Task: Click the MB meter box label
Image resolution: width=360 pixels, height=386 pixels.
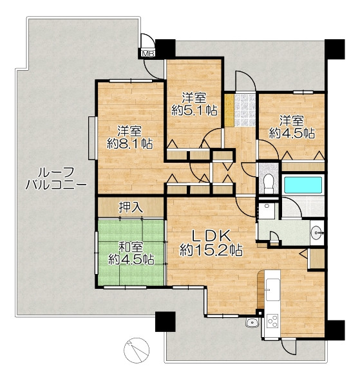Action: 147,53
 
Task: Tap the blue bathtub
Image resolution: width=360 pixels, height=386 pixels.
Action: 303,185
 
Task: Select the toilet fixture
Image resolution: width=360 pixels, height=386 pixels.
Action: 268,183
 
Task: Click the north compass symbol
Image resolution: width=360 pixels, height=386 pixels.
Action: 137,351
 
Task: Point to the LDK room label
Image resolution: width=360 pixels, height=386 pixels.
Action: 211,235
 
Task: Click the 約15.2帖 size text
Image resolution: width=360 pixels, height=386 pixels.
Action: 211,250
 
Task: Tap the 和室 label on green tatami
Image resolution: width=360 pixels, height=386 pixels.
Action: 131,247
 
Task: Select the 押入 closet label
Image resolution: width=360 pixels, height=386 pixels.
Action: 131,207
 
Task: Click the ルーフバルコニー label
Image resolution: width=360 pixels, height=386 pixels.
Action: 56,179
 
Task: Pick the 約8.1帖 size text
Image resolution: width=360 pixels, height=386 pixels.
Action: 129,143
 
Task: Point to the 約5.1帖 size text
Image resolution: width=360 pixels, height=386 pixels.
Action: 194,111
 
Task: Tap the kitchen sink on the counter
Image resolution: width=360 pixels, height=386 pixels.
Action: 273,289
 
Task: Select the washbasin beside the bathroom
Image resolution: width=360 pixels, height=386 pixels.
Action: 317,232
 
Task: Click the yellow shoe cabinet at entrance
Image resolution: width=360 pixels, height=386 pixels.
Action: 229,110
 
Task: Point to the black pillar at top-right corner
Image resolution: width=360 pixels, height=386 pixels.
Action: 334,49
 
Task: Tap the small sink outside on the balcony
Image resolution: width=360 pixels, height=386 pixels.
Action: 252,323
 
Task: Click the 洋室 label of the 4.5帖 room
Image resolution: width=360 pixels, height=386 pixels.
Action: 292,121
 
